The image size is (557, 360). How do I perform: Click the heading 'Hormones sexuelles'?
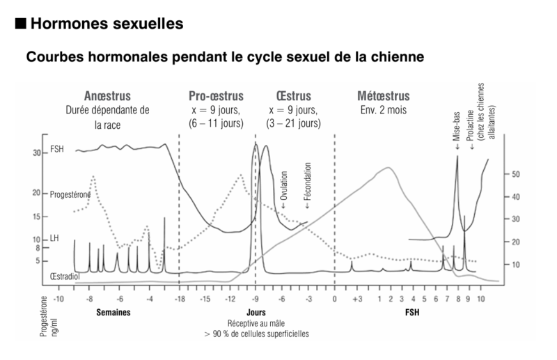pos(108,24)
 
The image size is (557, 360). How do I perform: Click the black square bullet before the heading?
pos(20,24)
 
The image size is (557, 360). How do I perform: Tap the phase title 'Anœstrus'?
pos(107,96)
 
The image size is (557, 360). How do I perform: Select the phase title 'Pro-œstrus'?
pos(213,96)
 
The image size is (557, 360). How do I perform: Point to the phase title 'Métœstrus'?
pos(383,96)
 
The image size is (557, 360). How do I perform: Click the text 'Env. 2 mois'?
pos(383,110)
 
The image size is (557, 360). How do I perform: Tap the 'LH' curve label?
pos(55,239)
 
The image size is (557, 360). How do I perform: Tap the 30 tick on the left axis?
pos(36,152)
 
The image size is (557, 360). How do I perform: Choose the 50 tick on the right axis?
pos(517,174)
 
